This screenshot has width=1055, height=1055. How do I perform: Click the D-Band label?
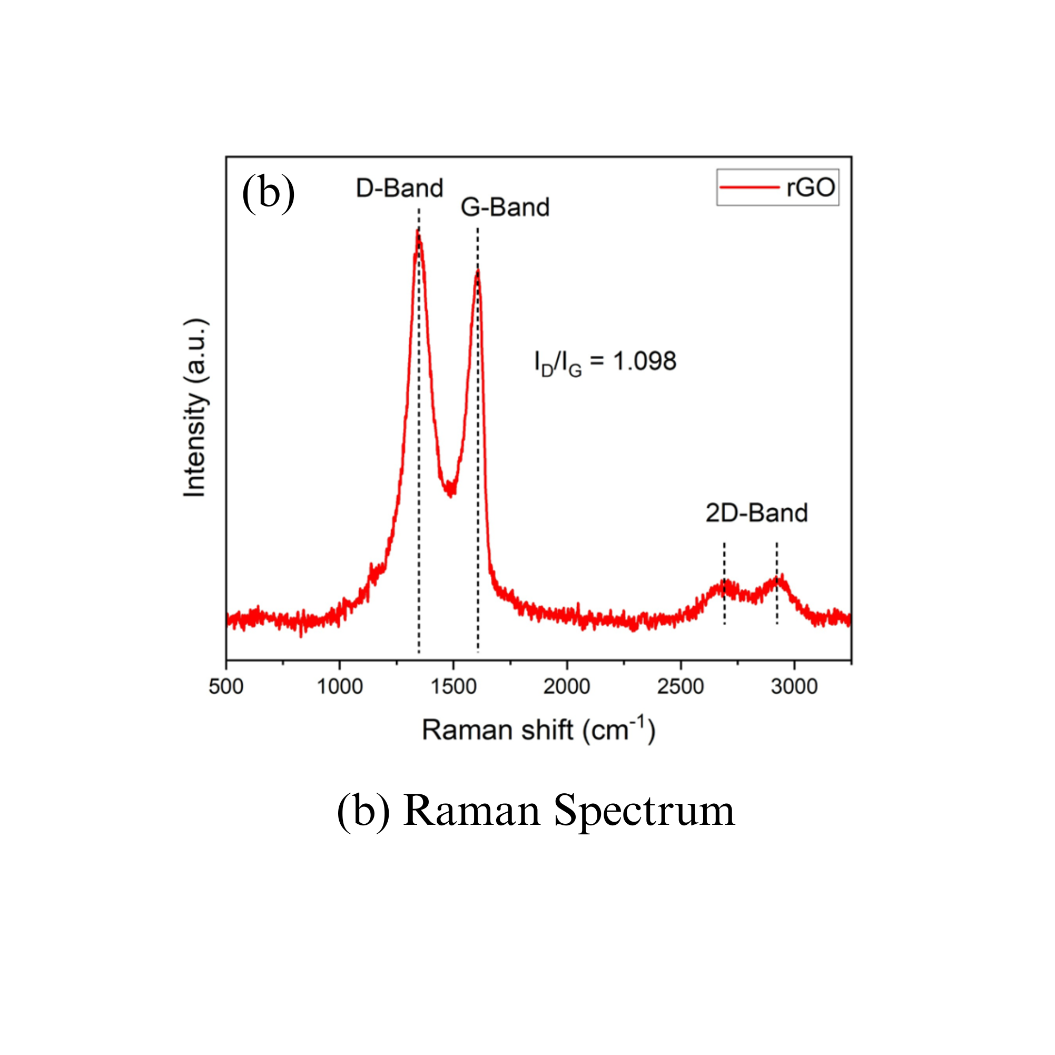399,189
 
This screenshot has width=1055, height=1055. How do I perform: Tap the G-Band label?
505,208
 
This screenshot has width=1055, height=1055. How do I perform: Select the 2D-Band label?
756,513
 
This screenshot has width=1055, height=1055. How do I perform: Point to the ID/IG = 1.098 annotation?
605,362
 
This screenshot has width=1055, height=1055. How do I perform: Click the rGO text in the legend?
811,188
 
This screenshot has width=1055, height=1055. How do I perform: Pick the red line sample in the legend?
749,188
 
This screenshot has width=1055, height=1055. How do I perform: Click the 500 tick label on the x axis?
226,686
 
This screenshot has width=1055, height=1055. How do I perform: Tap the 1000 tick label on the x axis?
340,686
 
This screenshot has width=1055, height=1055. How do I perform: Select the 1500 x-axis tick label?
453,686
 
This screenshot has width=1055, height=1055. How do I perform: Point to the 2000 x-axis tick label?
567,686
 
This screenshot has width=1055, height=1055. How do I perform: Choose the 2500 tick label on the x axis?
681,686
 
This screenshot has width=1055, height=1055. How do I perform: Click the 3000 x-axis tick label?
794,686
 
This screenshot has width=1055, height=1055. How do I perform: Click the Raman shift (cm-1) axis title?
538,730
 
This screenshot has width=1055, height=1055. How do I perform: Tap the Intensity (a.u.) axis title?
195,407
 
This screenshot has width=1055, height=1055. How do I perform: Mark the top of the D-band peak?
418,232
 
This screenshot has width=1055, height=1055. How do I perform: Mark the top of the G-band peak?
477,271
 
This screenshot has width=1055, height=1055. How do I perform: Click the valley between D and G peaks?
450,491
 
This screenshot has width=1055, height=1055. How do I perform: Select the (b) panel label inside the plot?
268,193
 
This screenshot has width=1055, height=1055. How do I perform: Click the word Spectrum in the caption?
644,811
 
